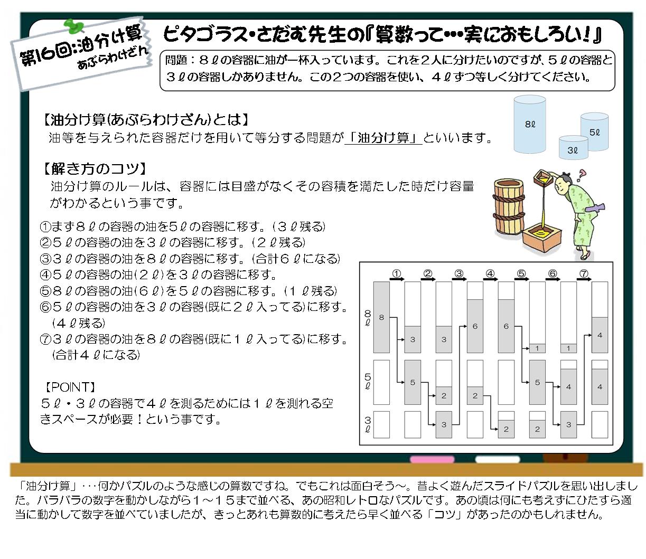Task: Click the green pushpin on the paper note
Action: tap(74, 26)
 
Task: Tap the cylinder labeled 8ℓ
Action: tap(530, 124)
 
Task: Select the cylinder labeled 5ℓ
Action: tap(594, 131)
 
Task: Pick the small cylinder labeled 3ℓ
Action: tap(573, 148)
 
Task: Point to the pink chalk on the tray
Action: tap(432, 459)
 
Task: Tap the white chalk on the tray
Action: tap(498, 459)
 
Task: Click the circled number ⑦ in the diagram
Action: tap(584, 273)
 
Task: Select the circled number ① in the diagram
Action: tap(396, 273)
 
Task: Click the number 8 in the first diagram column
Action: tap(381, 318)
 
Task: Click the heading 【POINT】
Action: tap(70, 387)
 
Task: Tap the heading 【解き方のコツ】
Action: tap(95, 169)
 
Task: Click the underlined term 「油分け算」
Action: tap(383, 137)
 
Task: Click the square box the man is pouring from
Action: tap(542, 178)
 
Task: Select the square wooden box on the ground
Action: tap(542, 238)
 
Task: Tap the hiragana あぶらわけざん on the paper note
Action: tap(113, 58)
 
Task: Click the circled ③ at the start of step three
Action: tap(45, 258)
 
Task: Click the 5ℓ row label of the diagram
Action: tap(368, 381)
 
